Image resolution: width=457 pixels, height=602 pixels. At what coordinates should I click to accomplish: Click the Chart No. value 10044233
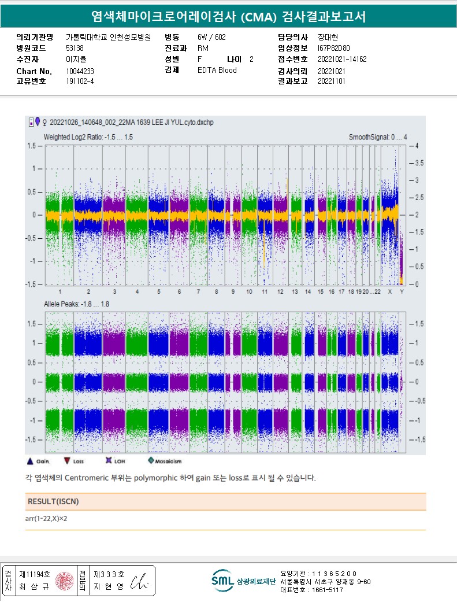click(x=80, y=71)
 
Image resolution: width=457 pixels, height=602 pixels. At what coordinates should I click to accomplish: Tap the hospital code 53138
click(x=75, y=49)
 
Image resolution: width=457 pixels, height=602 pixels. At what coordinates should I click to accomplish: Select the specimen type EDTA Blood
click(x=217, y=71)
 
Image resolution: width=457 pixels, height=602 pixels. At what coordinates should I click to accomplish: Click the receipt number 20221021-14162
click(x=342, y=60)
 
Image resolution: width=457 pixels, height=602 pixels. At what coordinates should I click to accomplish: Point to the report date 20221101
click(x=330, y=82)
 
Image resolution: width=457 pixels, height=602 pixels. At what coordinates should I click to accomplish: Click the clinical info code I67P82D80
click(x=333, y=49)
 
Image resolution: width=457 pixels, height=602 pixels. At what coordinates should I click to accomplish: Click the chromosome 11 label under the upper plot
click(x=265, y=292)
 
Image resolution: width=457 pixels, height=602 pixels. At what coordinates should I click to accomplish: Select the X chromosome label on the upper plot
click(x=390, y=292)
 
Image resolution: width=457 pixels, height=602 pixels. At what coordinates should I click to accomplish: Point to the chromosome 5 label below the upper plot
click(x=158, y=292)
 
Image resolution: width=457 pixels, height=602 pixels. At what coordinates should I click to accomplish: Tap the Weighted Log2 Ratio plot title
click(x=88, y=137)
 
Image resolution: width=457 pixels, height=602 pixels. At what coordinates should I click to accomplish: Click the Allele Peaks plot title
click(x=77, y=304)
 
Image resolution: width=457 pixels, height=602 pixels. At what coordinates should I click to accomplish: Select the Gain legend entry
click(x=38, y=461)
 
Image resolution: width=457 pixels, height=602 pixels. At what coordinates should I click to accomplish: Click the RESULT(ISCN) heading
click(x=53, y=501)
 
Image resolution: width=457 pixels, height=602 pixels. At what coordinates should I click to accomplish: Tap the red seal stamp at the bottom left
click(x=65, y=581)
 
